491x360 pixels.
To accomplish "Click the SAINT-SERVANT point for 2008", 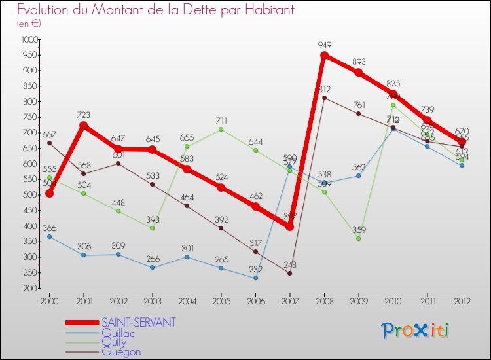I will (x=324, y=56).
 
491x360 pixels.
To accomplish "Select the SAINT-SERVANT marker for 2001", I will (x=84, y=126).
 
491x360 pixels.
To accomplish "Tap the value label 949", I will (x=324, y=45).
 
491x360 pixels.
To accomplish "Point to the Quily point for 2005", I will (x=221, y=130).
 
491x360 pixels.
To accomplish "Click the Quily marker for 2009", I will (x=359, y=238).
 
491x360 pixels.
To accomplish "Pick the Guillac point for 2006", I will (x=255, y=278).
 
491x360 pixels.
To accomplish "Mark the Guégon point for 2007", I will (x=289, y=273).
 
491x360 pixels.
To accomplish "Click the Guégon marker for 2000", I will (x=49, y=143).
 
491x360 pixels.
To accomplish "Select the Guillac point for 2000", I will (x=49, y=236).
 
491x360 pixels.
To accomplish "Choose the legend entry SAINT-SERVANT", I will (x=138, y=322).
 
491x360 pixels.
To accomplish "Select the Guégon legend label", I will (x=120, y=351).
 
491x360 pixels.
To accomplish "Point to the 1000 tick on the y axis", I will (x=29, y=39).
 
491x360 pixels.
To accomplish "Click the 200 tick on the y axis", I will (x=31, y=288).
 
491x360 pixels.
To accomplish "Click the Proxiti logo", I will (x=416, y=331).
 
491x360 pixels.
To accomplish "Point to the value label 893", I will (x=359, y=62).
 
